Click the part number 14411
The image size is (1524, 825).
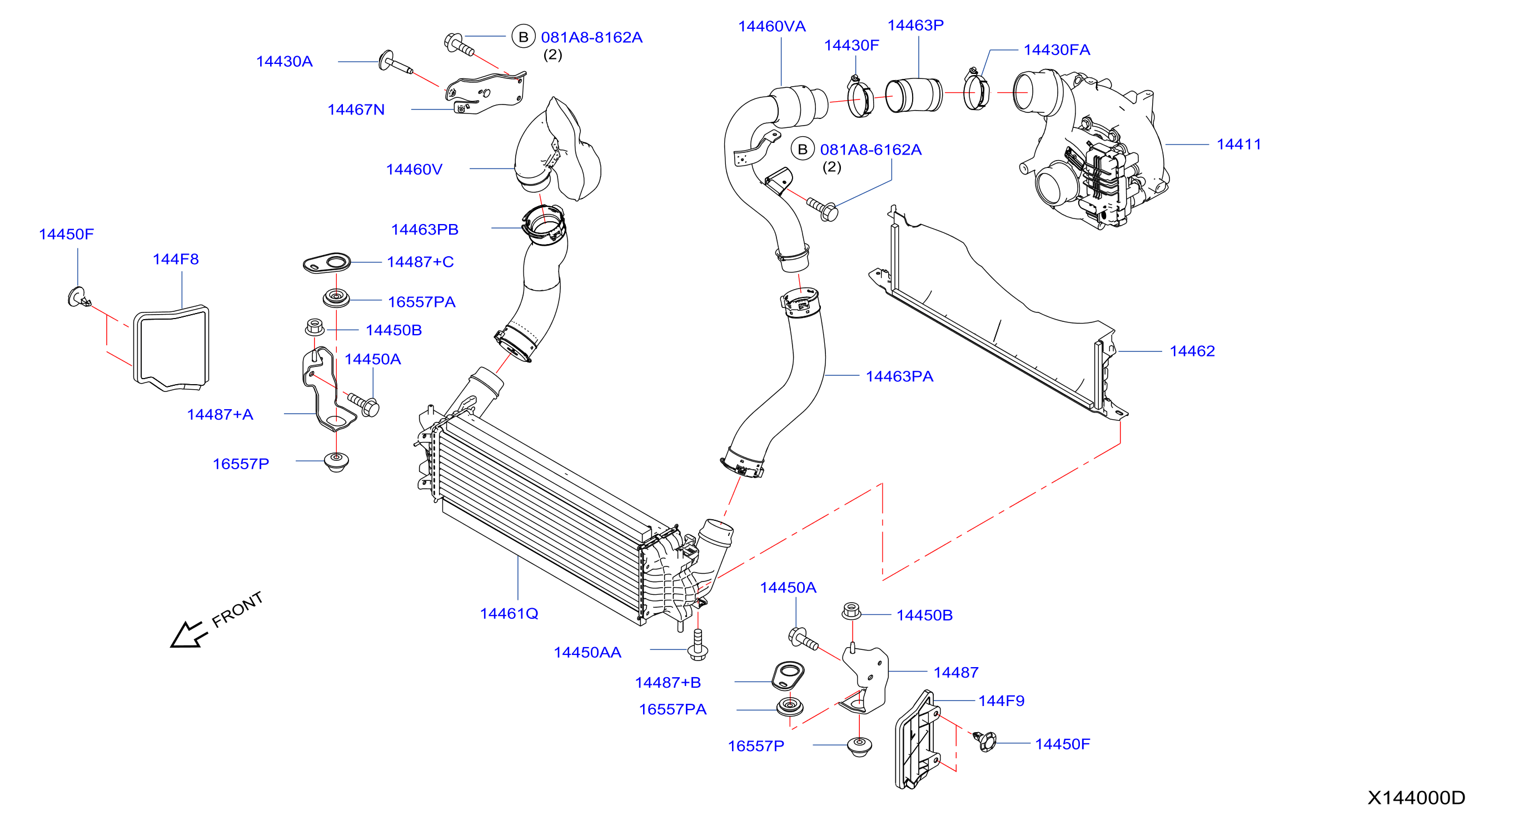pos(1238,145)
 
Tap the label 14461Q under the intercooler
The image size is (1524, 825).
pos(509,614)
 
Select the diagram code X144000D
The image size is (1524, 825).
pos(1416,798)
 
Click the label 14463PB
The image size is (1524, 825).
pos(425,230)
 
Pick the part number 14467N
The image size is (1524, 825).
pos(356,110)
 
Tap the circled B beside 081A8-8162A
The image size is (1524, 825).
pos(523,37)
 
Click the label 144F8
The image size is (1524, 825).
pos(176,259)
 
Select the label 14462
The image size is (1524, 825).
pos(1192,351)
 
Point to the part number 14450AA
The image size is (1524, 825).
pos(587,652)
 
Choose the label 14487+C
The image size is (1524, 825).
pos(420,262)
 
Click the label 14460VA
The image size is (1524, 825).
pos(771,27)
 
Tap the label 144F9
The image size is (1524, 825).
pos(1001,700)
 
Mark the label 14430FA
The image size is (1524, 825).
pos(1057,49)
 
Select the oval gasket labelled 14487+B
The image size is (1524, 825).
pos(788,676)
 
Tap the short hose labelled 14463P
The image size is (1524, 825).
pos(914,95)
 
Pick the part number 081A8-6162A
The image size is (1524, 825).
pos(871,150)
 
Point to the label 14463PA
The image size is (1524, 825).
pos(899,376)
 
